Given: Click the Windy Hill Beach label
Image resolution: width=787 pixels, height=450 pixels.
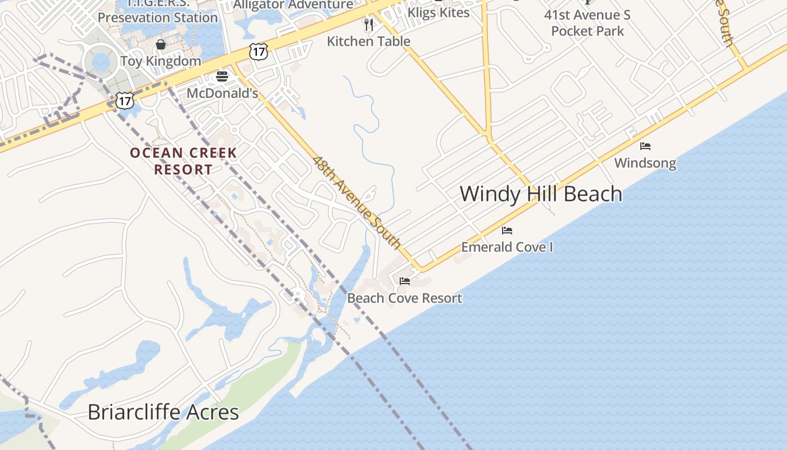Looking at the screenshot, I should click(541, 194).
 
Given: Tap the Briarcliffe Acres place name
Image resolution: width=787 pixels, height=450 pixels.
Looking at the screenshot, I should click(163, 412).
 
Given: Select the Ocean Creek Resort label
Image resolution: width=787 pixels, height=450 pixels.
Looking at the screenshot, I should click(183, 161).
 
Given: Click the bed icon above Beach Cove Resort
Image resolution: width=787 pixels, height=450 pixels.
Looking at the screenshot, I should click(405, 281).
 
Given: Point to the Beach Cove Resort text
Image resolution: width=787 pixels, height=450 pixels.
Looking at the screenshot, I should click(405, 298).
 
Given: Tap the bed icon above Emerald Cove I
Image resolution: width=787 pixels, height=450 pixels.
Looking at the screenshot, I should click(507, 231).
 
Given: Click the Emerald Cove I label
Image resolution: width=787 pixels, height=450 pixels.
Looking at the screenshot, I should click(507, 247).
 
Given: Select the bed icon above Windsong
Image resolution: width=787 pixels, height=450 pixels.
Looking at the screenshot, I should click(645, 146).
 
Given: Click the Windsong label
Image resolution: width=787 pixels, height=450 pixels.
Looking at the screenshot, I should click(645, 163).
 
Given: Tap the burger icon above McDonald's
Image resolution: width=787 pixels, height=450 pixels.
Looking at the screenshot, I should click(222, 76).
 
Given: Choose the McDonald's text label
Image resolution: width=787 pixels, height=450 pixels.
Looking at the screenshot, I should click(222, 93).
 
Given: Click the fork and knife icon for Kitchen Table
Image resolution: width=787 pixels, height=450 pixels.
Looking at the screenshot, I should click(369, 24).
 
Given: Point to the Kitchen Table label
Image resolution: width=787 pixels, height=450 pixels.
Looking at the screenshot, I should click(369, 41).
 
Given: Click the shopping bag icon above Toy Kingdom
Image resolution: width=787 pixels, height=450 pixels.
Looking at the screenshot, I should click(161, 44).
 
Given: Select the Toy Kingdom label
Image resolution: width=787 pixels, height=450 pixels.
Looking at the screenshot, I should click(161, 61).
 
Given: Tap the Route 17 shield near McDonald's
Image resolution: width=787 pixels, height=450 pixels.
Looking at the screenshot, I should click(259, 52).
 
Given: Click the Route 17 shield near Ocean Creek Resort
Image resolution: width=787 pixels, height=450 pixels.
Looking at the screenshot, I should click(125, 101).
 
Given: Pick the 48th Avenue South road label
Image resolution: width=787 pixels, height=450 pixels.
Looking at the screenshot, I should click(356, 202).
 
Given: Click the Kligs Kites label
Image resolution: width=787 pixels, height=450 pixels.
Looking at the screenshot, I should click(438, 12).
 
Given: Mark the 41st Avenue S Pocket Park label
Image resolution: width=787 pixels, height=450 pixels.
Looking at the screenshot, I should click(587, 23).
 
